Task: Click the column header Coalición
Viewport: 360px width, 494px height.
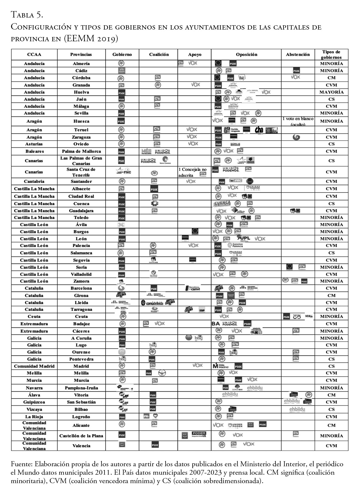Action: coord(159,55)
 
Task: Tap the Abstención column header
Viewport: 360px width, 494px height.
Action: coord(298,55)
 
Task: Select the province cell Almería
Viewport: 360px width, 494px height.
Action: coord(81,64)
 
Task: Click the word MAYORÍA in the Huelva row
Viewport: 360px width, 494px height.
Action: coord(331,92)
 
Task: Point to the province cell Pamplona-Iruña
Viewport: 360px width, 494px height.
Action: coord(81,388)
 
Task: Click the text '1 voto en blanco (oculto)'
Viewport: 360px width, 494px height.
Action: coord(298,121)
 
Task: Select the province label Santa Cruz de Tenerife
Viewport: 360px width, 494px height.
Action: coord(81,172)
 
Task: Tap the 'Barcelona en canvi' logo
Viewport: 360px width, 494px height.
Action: coord(193,288)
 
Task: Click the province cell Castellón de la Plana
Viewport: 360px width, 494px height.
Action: coord(81,436)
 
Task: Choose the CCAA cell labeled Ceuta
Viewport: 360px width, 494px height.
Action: coord(34,317)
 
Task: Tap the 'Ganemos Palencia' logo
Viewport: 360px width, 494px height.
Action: coord(235,245)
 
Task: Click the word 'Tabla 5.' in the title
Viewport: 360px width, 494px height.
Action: coord(27,14)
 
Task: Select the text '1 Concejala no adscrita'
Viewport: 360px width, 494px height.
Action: coord(193,172)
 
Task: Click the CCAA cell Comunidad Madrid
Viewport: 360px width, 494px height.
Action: coord(34,366)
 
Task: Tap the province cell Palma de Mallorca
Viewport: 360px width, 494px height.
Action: coord(81,151)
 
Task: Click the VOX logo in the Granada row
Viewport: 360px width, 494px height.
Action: coord(195,85)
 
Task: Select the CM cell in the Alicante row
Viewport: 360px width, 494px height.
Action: coord(331,425)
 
